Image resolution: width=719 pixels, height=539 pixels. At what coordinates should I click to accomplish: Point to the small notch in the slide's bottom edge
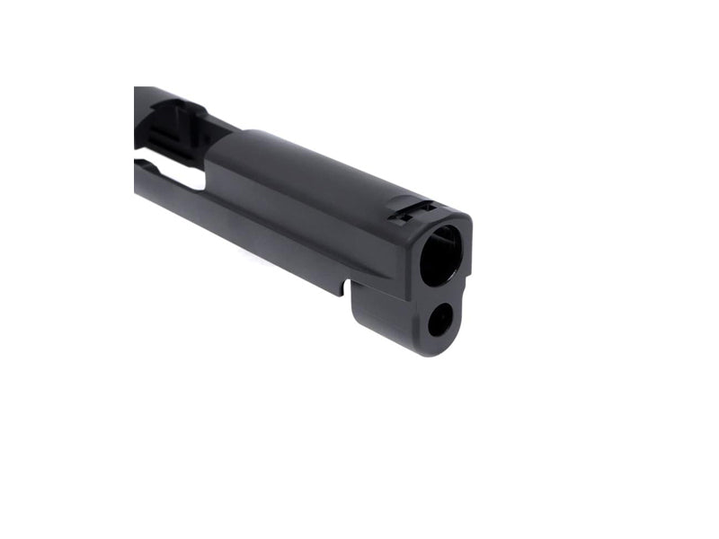(343, 289)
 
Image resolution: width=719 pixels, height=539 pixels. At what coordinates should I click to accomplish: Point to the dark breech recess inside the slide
(166, 121)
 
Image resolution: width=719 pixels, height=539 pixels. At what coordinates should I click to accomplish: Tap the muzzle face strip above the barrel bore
(445, 221)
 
